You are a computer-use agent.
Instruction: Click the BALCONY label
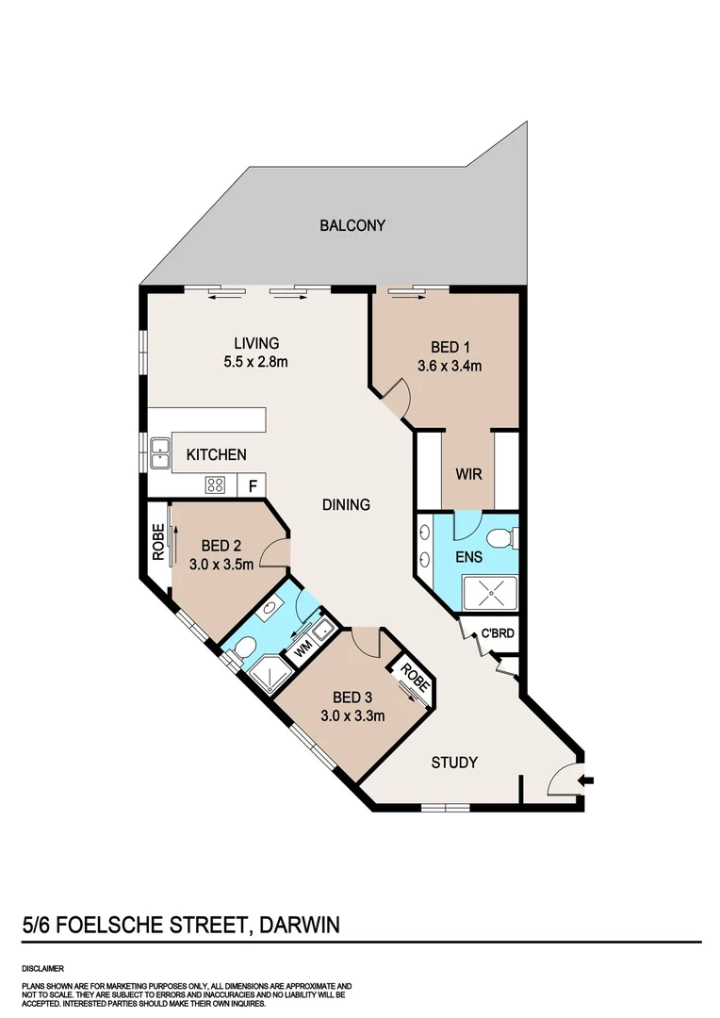(352, 225)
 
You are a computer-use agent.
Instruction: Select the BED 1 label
(450, 346)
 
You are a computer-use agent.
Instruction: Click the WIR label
(468, 474)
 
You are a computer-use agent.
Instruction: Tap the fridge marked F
(252, 486)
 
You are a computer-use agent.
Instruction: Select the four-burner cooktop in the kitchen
(216, 486)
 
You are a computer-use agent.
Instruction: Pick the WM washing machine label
(303, 649)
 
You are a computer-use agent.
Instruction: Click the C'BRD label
(498, 632)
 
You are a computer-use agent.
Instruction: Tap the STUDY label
(454, 763)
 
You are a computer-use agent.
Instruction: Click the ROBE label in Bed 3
(412, 677)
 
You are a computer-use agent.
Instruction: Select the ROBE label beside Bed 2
(158, 543)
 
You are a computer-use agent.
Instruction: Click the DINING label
(345, 504)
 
